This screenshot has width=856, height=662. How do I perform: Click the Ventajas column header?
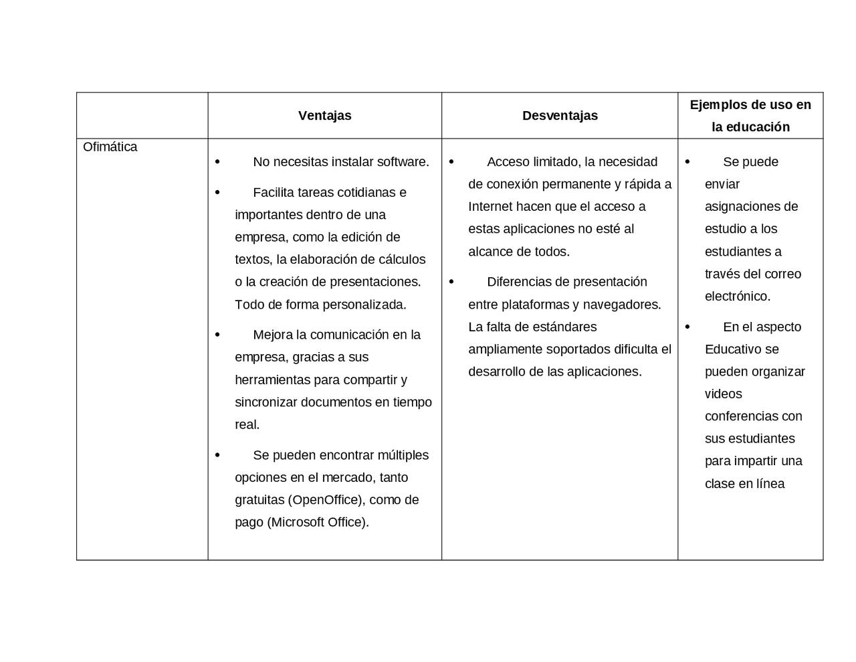click(x=324, y=116)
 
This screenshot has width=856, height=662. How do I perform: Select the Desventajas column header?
click(x=560, y=116)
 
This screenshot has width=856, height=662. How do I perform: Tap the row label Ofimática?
click(x=110, y=147)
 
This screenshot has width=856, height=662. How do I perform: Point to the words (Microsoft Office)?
click(x=318, y=522)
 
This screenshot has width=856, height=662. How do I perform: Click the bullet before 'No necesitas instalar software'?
click(x=217, y=162)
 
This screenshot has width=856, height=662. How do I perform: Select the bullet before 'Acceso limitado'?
click(x=451, y=162)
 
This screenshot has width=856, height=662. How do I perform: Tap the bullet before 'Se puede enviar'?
click(x=687, y=162)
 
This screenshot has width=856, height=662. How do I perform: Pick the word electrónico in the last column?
click(x=737, y=296)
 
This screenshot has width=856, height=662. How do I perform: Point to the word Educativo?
click(x=733, y=349)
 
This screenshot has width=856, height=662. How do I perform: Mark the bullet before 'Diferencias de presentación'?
click(x=451, y=282)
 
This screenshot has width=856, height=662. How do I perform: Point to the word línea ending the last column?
click(x=770, y=484)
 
